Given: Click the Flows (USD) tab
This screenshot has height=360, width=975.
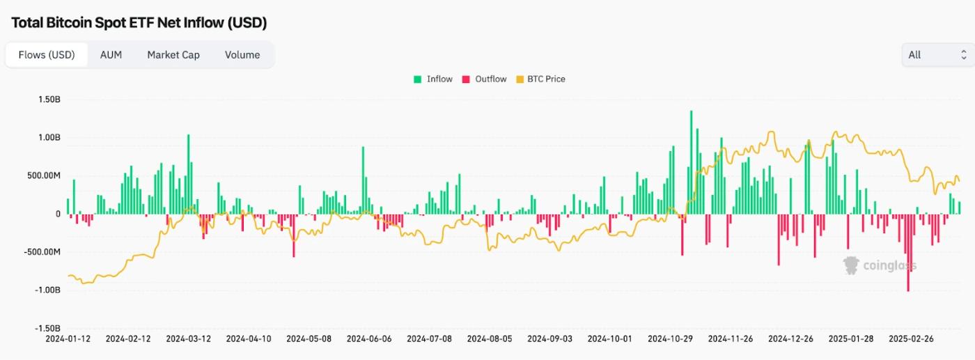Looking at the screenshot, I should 47,55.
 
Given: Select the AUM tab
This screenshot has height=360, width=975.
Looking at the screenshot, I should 111,55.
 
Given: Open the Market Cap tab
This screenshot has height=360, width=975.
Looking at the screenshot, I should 173,55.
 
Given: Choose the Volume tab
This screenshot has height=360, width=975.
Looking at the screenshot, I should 242,55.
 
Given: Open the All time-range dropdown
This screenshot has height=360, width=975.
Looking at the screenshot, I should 937,55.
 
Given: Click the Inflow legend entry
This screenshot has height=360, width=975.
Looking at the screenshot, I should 433,79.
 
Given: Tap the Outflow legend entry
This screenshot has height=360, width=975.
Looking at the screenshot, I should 485,79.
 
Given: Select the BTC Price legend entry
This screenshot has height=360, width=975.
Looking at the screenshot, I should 540,79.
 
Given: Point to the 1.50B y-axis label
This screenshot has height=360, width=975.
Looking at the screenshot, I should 48,100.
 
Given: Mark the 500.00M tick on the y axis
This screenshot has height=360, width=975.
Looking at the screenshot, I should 43,175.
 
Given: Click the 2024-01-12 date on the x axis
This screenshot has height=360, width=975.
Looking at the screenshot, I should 68,339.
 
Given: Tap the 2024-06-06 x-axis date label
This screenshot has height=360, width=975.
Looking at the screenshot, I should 369,339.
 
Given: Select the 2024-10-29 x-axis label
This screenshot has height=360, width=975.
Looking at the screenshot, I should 671,339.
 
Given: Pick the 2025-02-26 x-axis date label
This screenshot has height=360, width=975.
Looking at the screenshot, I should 912,339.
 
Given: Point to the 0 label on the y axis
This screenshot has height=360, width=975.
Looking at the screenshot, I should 58,214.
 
